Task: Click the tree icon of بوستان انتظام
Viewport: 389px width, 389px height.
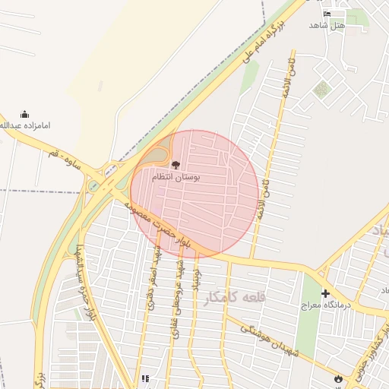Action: click(176, 163)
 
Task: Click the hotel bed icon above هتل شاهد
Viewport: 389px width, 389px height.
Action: click(327, 14)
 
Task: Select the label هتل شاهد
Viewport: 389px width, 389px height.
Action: click(327, 25)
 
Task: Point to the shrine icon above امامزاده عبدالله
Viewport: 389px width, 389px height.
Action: click(24, 114)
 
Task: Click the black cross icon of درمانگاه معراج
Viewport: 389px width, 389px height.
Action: click(325, 293)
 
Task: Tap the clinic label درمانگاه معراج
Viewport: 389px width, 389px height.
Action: click(324, 305)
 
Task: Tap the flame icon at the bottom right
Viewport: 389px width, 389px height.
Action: click(337, 378)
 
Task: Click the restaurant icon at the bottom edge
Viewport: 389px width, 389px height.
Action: click(144, 379)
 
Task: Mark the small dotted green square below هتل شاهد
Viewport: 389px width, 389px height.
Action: click(322, 90)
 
